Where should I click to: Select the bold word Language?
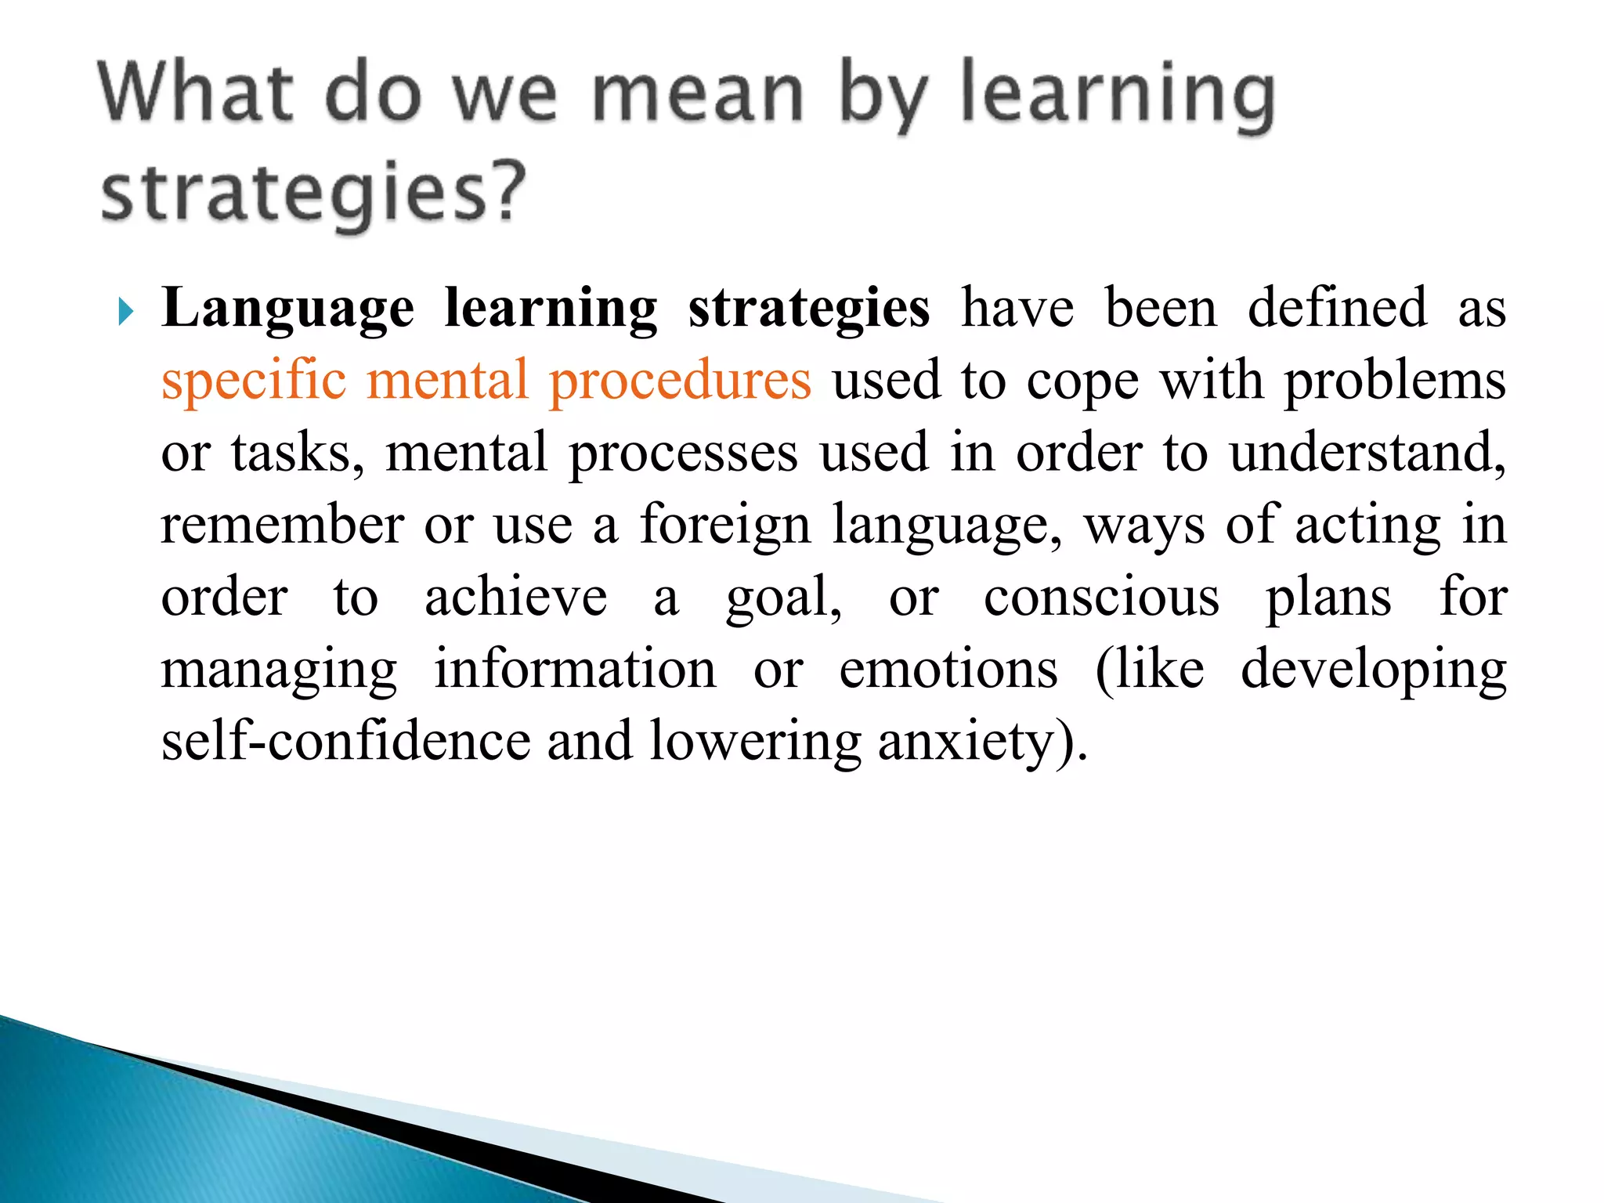click(287, 309)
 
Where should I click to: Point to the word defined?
click(1337, 308)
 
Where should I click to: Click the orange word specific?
click(254, 381)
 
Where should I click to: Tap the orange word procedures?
click(680, 381)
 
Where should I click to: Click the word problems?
click(1395, 381)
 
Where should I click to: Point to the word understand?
click(1366, 453)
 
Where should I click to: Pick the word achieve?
click(515, 597)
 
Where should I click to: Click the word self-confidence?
click(345, 741)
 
